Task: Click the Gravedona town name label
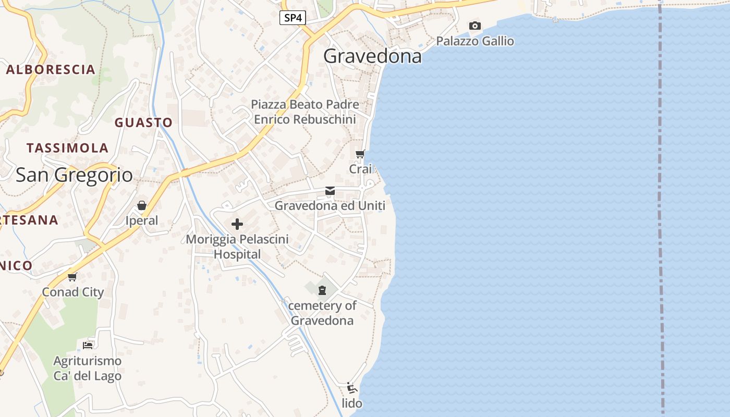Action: pyautogui.click(x=372, y=56)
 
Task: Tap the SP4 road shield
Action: pyautogui.click(x=293, y=18)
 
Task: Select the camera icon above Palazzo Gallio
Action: pyautogui.click(x=475, y=26)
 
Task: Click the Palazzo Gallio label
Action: pyautogui.click(x=475, y=41)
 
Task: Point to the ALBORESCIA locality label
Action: pyautogui.click(x=51, y=69)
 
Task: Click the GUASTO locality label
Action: pyautogui.click(x=143, y=122)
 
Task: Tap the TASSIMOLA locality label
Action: pyautogui.click(x=67, y=148)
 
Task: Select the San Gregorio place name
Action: pyautogui.click(x=74, y=175)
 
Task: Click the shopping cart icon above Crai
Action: pyautogui.click(x=360, y=154)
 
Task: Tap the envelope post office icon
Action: pyautogui.click(x=330, y=191)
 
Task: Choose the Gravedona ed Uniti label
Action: pyautogui.click(x=330, y=206)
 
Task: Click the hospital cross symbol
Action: pyautogui.click(x=237, y=225)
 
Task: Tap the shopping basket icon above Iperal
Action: pyautogui.click(x=141, y=206)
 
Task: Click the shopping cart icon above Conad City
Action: pyautogui.click(x=72, y=277)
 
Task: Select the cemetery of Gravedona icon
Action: pyautogui.click(x=322, y=290)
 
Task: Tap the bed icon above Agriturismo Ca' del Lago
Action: pyautogui.click(x=88, y=345)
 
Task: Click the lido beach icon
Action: pyautogui.click(x=352, y=388)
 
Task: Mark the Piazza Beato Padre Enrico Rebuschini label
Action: pyautogui.click(x=305, y=112)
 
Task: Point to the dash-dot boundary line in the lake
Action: pyautogui.click(x=661, y=208)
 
